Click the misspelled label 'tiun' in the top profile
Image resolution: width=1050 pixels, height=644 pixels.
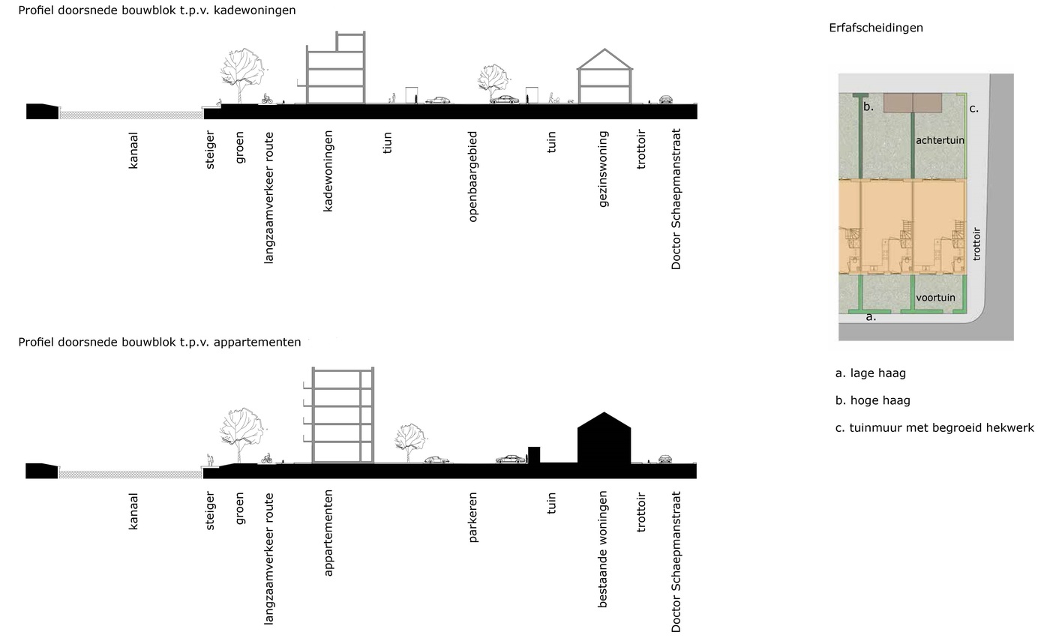tap(387, 142)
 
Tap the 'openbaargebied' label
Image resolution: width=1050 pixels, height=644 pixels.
tap(472, 177)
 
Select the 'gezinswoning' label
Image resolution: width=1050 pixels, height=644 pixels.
tap(603, 169)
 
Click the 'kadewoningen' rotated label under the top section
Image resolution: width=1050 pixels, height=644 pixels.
tap(328, 171)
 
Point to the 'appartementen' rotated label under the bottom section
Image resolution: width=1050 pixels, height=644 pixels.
tap(328, 533)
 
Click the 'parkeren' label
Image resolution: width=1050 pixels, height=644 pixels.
tap(472, 517)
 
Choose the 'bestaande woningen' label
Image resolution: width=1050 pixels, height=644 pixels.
tap(602, 550)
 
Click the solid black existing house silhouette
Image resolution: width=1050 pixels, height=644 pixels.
tap(604, 439)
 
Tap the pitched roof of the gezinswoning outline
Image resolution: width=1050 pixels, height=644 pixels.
tap(604, 58)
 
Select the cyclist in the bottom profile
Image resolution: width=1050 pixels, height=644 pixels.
tap(267, 458)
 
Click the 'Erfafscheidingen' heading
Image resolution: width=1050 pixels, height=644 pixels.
tap(876, 28)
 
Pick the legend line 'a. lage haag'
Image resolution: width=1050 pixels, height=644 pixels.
tap(870, 373)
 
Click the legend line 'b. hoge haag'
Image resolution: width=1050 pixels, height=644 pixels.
tap(872, 400)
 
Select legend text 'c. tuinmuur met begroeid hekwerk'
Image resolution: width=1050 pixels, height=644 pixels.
tap(934, 427)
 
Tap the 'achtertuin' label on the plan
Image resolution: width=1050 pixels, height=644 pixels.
tap(940, 140)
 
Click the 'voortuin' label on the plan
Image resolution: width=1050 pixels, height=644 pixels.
tap(936, 298)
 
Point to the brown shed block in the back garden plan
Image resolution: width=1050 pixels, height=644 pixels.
tap(913, 103)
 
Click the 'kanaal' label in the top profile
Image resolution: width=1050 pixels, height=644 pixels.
tap(133, 150)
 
